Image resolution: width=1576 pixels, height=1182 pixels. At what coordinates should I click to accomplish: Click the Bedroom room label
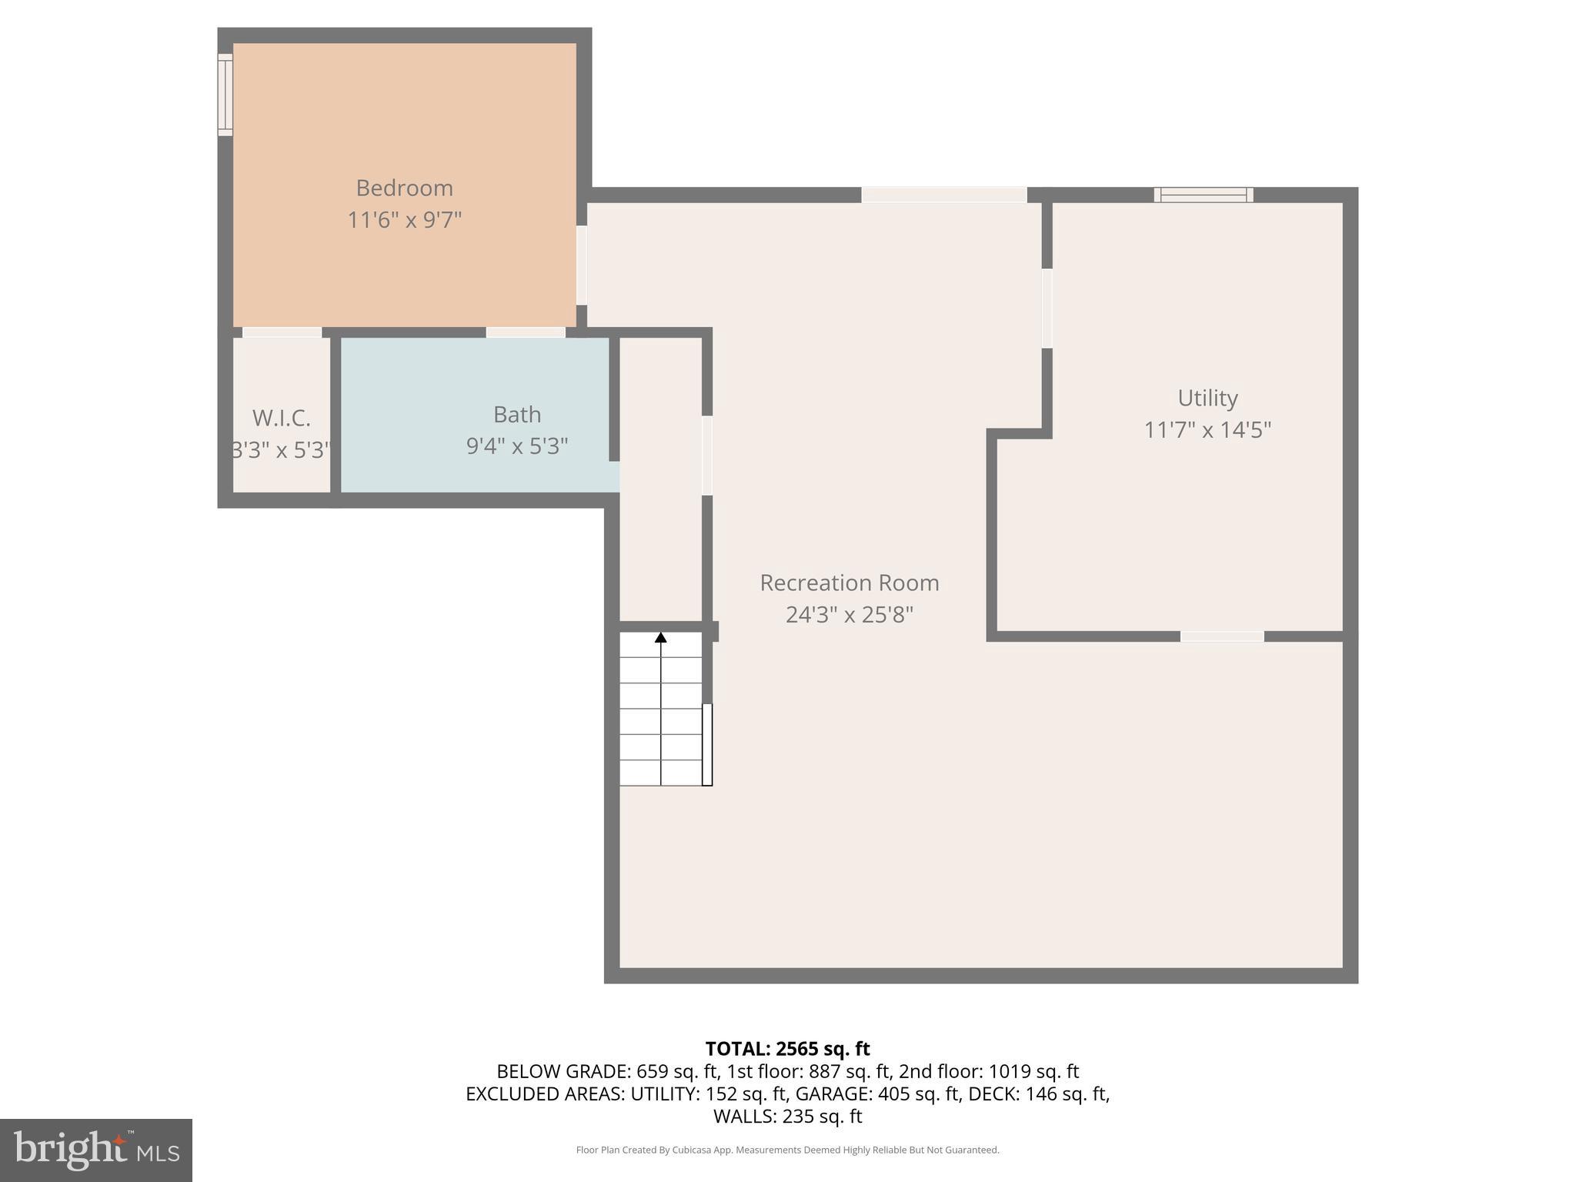point(404,188)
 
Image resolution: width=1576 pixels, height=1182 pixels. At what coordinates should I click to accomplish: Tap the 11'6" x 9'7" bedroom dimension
point(404,220)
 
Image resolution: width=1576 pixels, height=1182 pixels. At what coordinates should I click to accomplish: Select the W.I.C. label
point(282,418)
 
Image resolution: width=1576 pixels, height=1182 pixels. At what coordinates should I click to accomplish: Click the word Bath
point(517,414)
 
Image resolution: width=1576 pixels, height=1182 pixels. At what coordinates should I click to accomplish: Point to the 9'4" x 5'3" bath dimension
point(517,446)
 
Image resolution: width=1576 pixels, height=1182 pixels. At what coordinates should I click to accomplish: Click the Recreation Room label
point(850,583)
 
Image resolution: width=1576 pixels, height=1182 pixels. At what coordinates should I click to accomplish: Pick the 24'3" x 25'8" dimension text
point(850,614)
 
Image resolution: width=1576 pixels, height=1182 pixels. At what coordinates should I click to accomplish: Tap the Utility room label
point(1207,398)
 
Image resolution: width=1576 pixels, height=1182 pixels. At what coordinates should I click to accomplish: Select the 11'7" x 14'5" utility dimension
point(1207,429)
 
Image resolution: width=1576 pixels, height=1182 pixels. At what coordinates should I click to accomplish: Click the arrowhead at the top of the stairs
point(661,637)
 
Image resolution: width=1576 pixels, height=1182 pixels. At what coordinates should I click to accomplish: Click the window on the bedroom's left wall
point(225,95)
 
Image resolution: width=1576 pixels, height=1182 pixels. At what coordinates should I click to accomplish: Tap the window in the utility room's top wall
point(1203,195)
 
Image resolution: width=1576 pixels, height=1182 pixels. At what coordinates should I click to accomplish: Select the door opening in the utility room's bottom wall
point(1222,636)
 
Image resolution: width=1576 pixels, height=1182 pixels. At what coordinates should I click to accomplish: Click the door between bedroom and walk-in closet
point(282,332)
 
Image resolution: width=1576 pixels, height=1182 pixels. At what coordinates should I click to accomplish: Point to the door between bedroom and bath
point(526,332)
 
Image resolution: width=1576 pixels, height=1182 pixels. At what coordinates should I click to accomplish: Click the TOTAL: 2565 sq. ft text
point(787,1049)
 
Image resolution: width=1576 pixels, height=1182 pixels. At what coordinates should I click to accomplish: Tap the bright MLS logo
point(96,1150)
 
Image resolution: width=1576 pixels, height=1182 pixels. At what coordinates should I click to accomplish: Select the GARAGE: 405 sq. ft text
point(877,1094)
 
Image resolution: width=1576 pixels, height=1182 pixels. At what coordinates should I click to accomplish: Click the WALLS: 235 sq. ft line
point(787,1116)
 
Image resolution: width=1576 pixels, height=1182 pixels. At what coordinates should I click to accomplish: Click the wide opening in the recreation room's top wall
point(944,195)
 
